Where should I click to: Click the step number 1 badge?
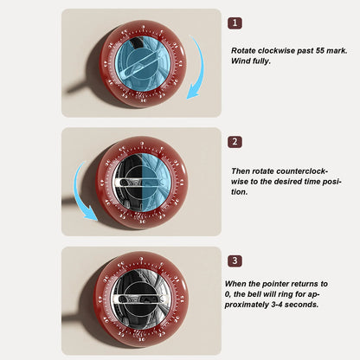point(235,23)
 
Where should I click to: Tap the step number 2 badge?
point(235,142)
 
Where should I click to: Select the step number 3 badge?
point(235,260)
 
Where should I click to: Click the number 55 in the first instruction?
point(319,50)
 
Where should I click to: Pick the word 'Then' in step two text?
point(241,171)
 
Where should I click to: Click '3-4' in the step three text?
point(277,305)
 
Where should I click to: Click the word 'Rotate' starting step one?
point(243,50)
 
